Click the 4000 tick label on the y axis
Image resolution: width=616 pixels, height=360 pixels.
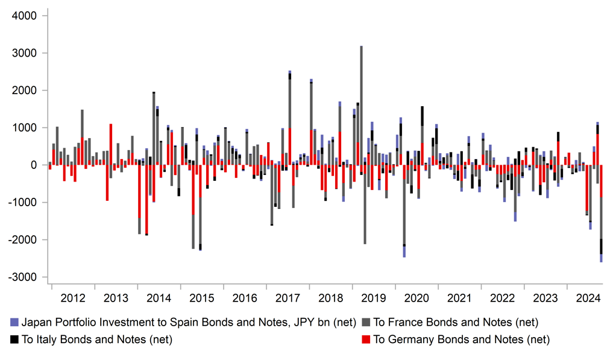24,16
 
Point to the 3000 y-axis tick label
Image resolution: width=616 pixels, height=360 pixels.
24,53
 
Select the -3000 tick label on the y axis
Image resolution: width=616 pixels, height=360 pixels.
22,277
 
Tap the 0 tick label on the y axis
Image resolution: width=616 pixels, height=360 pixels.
34,165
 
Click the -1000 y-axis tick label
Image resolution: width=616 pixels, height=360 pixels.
22,202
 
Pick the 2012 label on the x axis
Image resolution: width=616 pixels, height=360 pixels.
73,298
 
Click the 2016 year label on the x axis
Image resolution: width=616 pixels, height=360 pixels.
245,298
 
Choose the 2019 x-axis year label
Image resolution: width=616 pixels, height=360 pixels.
373,298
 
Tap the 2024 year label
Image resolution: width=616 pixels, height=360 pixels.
588,298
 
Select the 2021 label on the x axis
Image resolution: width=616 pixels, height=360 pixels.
459,298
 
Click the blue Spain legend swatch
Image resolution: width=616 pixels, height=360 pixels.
14,323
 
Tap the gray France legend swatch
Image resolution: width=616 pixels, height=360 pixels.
366,323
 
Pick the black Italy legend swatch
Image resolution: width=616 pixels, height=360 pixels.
14,339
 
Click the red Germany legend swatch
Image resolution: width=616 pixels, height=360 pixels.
366,339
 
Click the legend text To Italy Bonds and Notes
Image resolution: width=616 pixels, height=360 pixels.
97,339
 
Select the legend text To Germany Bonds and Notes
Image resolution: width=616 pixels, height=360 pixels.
462,339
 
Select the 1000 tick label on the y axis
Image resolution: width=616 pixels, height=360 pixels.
24,128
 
